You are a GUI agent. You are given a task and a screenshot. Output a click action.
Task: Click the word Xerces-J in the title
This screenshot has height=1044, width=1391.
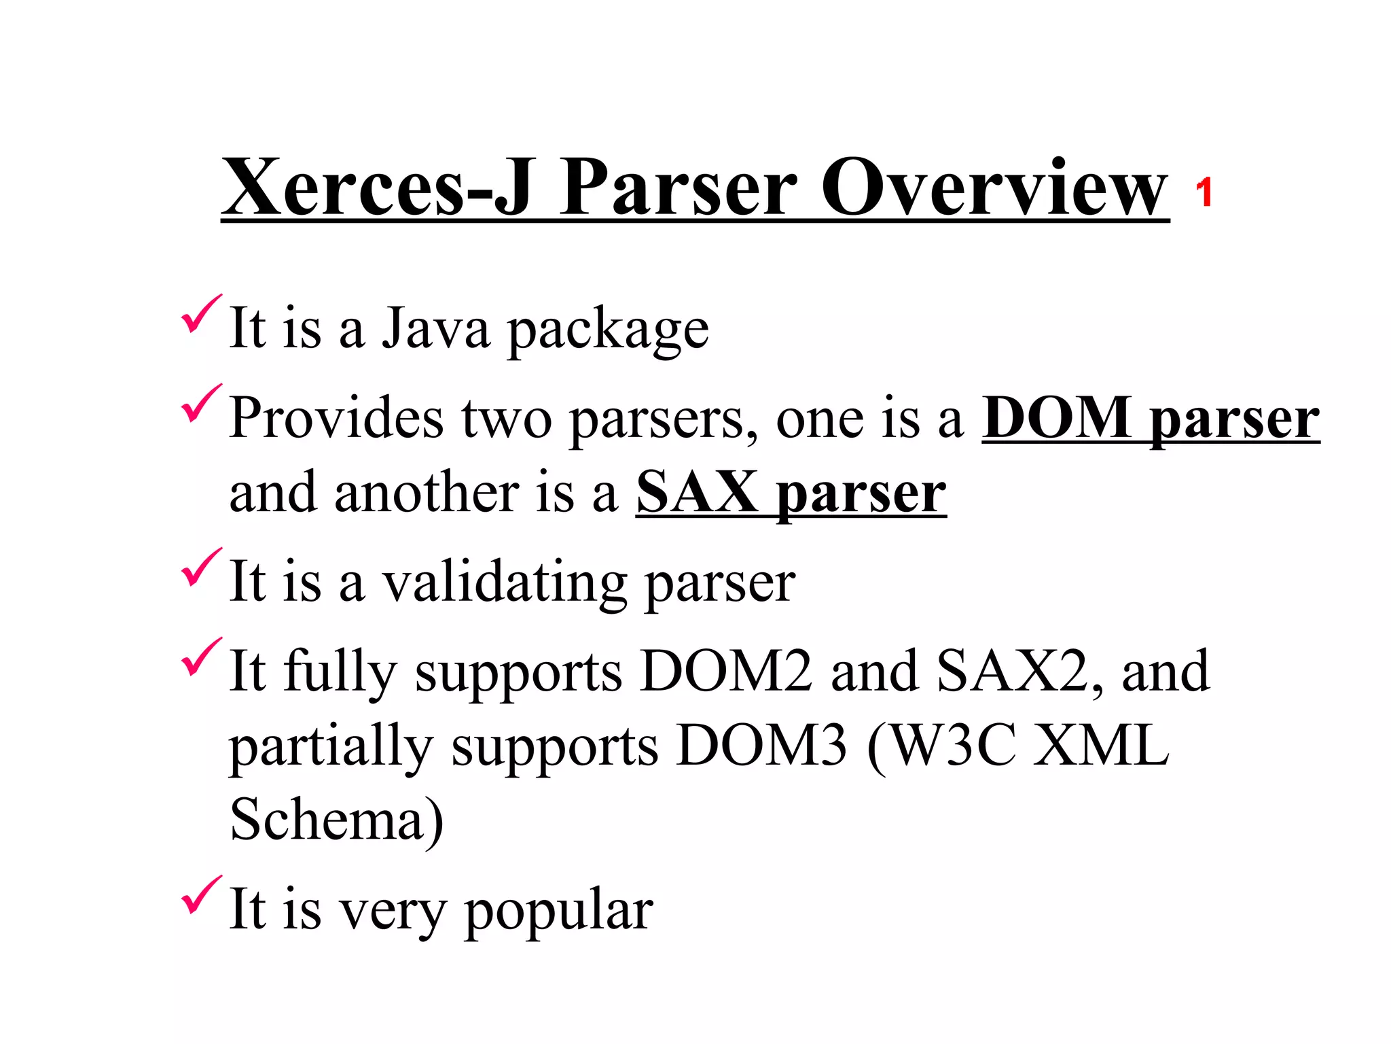[x=377, y=186]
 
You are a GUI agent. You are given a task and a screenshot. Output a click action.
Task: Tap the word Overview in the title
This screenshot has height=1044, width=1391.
[x=994, y=186]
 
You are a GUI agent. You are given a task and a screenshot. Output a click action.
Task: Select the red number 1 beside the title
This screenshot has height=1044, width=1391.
[x=1204, y=192]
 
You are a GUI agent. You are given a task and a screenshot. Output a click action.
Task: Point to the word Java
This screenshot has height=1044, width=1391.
[x=435, y=328]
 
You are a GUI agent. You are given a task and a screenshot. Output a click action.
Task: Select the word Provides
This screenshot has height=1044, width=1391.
[x=337, y=418]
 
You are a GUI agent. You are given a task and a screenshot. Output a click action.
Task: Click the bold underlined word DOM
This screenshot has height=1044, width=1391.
[x=1057, y=418]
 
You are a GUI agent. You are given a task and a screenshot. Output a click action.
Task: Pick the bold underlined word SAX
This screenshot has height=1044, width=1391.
[x=697, y=492]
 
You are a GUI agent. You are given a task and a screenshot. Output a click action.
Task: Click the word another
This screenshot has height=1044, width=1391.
[x=427, y=492]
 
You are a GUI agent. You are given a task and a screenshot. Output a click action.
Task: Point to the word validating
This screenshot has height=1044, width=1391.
[x=505, y=583]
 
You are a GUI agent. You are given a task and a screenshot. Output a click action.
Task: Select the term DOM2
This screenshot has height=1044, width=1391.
[x=726, y=672]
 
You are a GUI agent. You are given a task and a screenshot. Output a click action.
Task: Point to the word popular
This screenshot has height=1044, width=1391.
[x=558, y=911]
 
